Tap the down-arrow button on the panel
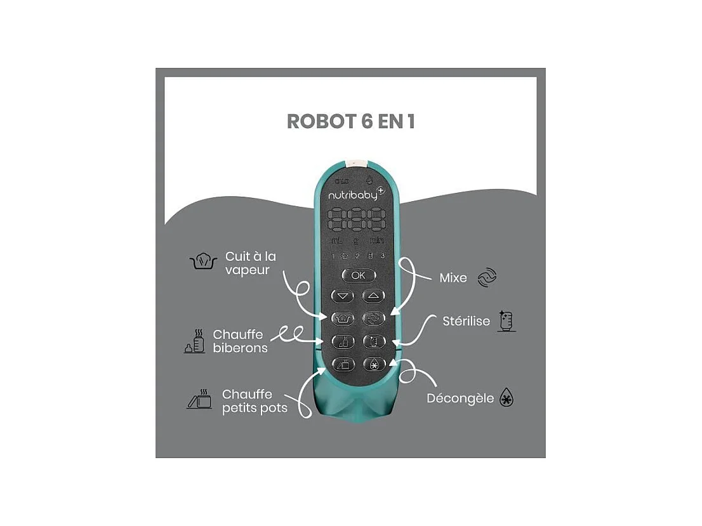pos(343,296)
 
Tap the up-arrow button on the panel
pos(373,296)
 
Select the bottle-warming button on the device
pos(343,341)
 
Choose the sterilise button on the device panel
pos(373,341)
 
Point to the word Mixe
pos(453,278)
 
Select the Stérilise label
pos(467,321)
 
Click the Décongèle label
pos(460,398)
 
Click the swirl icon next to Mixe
pos(487,277)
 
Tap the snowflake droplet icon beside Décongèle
pos(507,398)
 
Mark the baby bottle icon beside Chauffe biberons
pos(195,341)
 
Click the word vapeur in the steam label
pos(248,270)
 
